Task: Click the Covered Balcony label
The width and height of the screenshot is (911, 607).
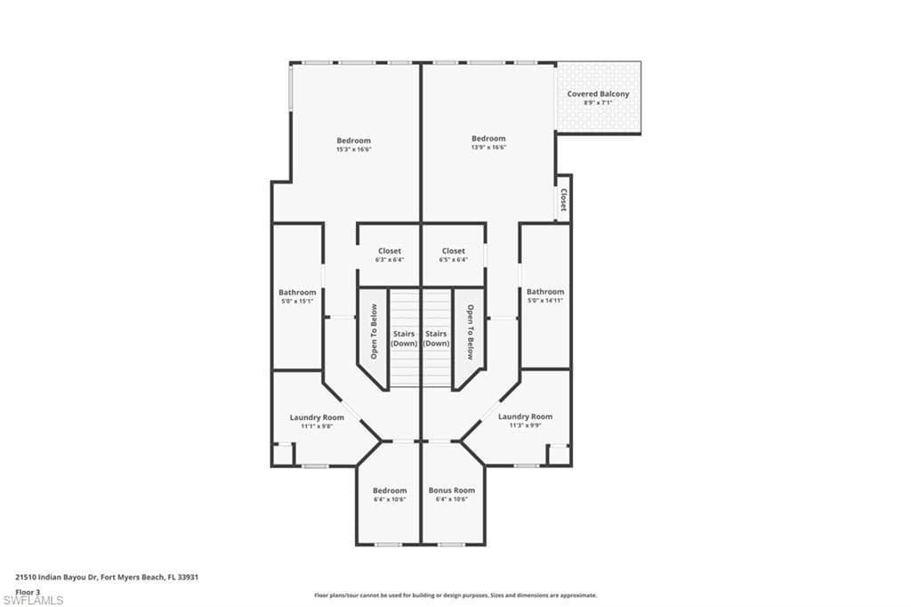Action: [x=598, y=93]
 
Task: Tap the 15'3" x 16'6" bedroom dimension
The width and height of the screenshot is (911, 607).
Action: [x=353, y=150]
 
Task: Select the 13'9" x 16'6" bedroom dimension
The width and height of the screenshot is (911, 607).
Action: [x=488, y=148]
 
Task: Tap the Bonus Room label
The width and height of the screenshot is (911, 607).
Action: [x=451, y=490]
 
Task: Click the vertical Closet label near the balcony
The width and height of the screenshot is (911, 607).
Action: [x=563, y=199]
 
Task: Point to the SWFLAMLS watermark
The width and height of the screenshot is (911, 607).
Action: [x=33, y=600]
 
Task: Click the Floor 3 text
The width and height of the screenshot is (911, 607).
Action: [x=28, y=592]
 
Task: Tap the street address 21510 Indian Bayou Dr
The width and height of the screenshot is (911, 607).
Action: [x=56, y=578]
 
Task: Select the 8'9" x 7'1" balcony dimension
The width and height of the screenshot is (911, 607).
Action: [x=598, y=103]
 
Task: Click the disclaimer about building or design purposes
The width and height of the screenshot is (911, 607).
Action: [x=455, y=595]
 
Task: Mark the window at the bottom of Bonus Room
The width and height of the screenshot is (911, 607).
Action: [x=451, y=545]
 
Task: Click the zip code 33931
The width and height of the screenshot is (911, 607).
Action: [x=189, y=578]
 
